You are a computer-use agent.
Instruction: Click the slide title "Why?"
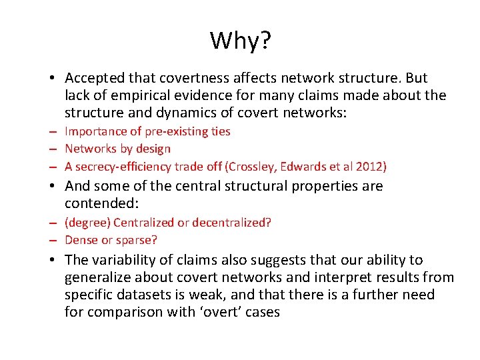[x=240, y=41]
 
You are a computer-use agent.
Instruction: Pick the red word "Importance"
[x=92, y=131]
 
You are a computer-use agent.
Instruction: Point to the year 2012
[x=369, y=166]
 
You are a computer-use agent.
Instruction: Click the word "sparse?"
[x=136, y=240]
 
